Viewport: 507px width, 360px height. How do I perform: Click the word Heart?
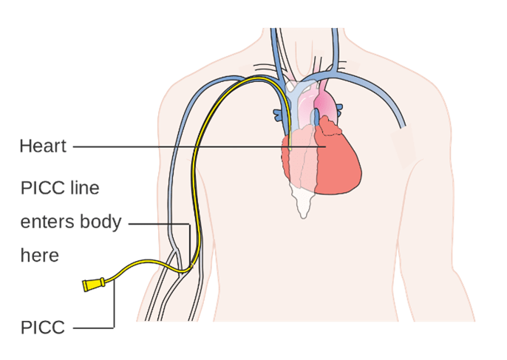tap(43, 146)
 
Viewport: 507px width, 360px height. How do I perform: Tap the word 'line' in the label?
tap(85, 188)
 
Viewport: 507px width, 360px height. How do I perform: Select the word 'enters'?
tap(47, 223)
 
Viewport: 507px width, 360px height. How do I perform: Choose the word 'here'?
tap(40, 256)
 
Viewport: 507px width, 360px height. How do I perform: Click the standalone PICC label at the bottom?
tap(43, 327)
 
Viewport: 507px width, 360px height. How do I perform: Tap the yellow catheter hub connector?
tap(93, 285)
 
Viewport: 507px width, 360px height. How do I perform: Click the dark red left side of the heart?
tap(338, 162)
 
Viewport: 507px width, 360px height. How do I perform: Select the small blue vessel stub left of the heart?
tap(278, 115)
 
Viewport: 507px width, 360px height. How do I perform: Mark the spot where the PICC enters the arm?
tap(191, 265)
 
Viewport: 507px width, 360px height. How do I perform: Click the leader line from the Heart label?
tap(200, 146)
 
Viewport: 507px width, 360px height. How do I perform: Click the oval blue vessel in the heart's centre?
tap(316, 117)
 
